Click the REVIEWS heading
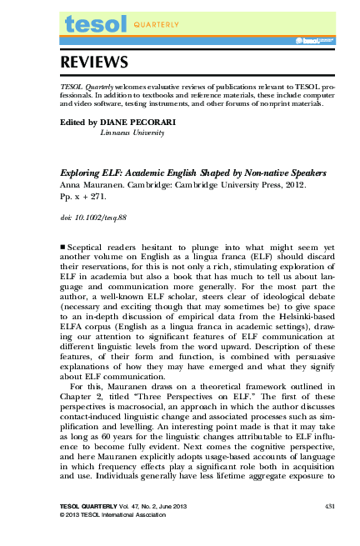[93, 63]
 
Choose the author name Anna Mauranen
[93, 186]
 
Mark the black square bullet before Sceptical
[65, 248]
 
